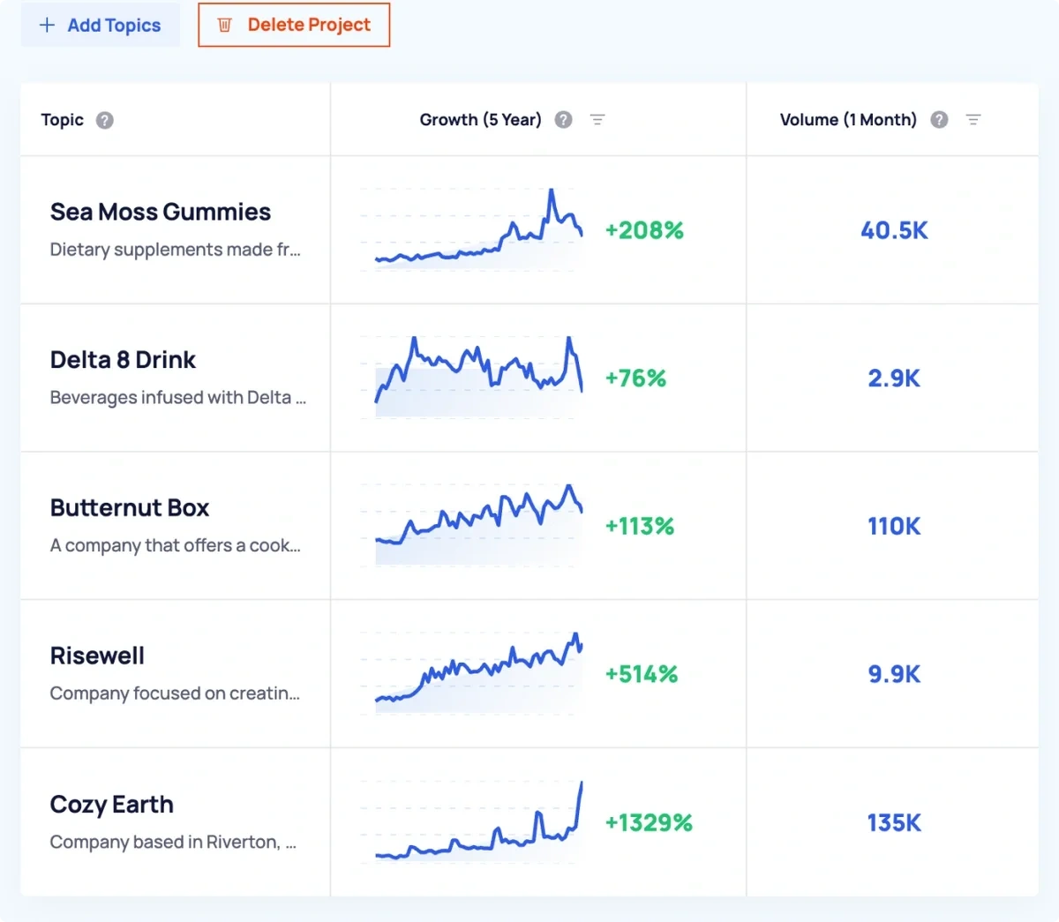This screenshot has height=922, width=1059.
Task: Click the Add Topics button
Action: coord(101,26)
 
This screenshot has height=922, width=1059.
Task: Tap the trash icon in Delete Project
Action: coord(224,26)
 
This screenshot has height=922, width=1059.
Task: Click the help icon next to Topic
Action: coord(105,120)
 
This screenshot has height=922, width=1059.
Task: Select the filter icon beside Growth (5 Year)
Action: coord(597,120)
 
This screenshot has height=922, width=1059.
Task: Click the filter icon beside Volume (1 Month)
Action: coord(973,120)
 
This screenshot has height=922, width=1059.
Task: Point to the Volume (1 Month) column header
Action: coord(848,120)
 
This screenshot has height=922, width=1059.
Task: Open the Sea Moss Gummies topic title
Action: coord(161,213)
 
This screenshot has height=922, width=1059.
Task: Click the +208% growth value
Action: coord(644,230)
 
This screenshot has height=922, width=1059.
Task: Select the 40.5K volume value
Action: coord(894,230)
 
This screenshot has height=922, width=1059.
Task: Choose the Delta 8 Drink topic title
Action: coord(123,360)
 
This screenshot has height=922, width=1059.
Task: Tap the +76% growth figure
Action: coord(635,379)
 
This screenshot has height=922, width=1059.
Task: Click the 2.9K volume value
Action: coord(894,379)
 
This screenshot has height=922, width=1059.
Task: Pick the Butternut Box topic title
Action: coord(130,508)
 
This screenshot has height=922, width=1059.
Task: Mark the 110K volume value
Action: coord(894,527)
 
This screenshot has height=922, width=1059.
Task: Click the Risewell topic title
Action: coord(97,656)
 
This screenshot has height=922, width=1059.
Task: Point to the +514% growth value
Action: coord(642,675)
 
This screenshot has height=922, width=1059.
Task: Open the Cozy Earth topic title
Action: coord(112,805)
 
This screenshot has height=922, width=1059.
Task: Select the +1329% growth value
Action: coord(649,823)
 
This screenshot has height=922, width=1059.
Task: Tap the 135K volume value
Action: coord(894,823)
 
